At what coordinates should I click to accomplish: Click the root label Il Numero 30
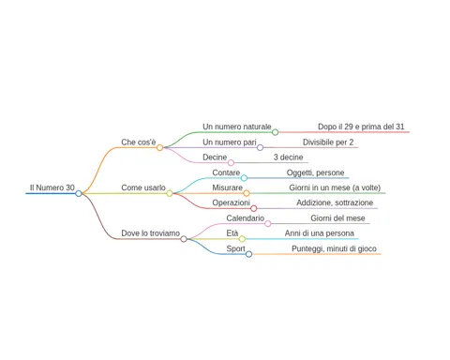point(52,187)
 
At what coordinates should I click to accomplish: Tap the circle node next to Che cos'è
point(159,147)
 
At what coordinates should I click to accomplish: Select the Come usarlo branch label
point(143,187)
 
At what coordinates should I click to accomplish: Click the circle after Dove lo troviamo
point(184,239)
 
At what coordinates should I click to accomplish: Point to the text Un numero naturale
point(237,127)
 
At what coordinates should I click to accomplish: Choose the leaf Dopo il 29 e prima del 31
point(361,127)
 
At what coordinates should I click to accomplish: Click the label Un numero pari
point(230,142)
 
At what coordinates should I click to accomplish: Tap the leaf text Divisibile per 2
point(328,142)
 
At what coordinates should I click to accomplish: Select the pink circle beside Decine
point(231,162)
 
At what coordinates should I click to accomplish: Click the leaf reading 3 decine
point(288,157)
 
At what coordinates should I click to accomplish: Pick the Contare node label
point(226,172)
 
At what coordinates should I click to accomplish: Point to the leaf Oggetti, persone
point(315,172)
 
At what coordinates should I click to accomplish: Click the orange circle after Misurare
point(247,193)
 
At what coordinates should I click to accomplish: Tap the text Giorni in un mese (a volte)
point(335,187)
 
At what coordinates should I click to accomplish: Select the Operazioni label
point(231,202)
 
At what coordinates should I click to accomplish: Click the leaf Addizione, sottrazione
point(335,202)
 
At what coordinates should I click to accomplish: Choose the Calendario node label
point(246,218)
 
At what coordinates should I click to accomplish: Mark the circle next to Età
point(242,239)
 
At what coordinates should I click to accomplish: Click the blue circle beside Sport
point(248,254)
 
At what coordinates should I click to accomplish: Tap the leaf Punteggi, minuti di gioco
point(334,248)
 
